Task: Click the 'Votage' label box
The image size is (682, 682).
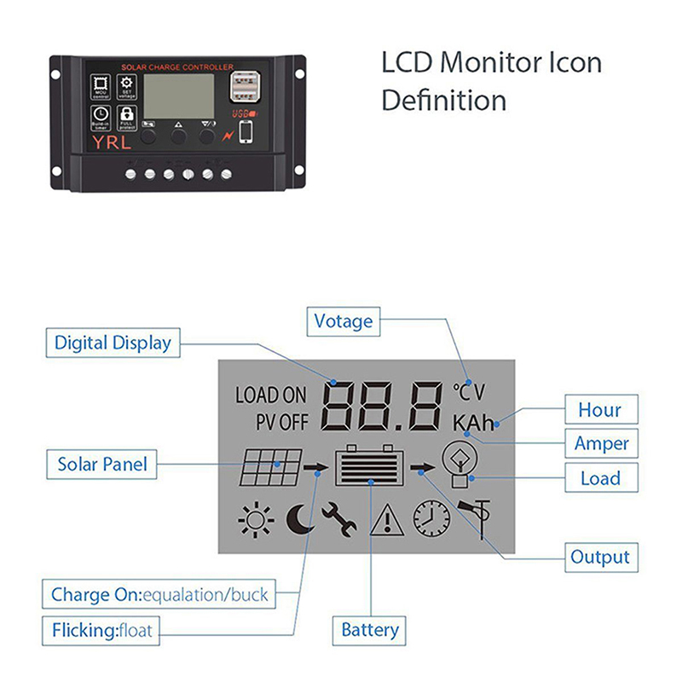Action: click(x=344, y=321)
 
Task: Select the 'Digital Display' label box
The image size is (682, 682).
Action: click(x=113, y=343)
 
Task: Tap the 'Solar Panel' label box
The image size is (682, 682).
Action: click(x=102, y=465)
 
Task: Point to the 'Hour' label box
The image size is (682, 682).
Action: click(x=599, y=409)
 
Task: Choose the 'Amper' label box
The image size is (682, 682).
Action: click(x=601, y=443)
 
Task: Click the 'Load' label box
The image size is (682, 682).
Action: click(x=599, y=477)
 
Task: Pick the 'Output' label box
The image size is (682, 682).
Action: click(x=600, y=558)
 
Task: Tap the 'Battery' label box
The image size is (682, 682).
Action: click(x=370, y=630)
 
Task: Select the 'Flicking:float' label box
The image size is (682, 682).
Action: click(x=103, y=631)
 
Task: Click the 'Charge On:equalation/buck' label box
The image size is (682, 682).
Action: click(x=159, y=594)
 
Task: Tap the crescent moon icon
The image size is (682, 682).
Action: click(x=299, y=518)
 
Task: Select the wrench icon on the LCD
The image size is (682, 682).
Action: click(x=339, y=518)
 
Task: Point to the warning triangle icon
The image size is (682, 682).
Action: click(x=386, y=519)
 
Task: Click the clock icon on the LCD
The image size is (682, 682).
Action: click(x=431, y=517)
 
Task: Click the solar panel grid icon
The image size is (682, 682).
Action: click(x=269, y=466)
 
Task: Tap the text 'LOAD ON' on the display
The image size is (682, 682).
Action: click(x=270, y=395)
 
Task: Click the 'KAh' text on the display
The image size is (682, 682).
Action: click(x=473, y=423)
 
